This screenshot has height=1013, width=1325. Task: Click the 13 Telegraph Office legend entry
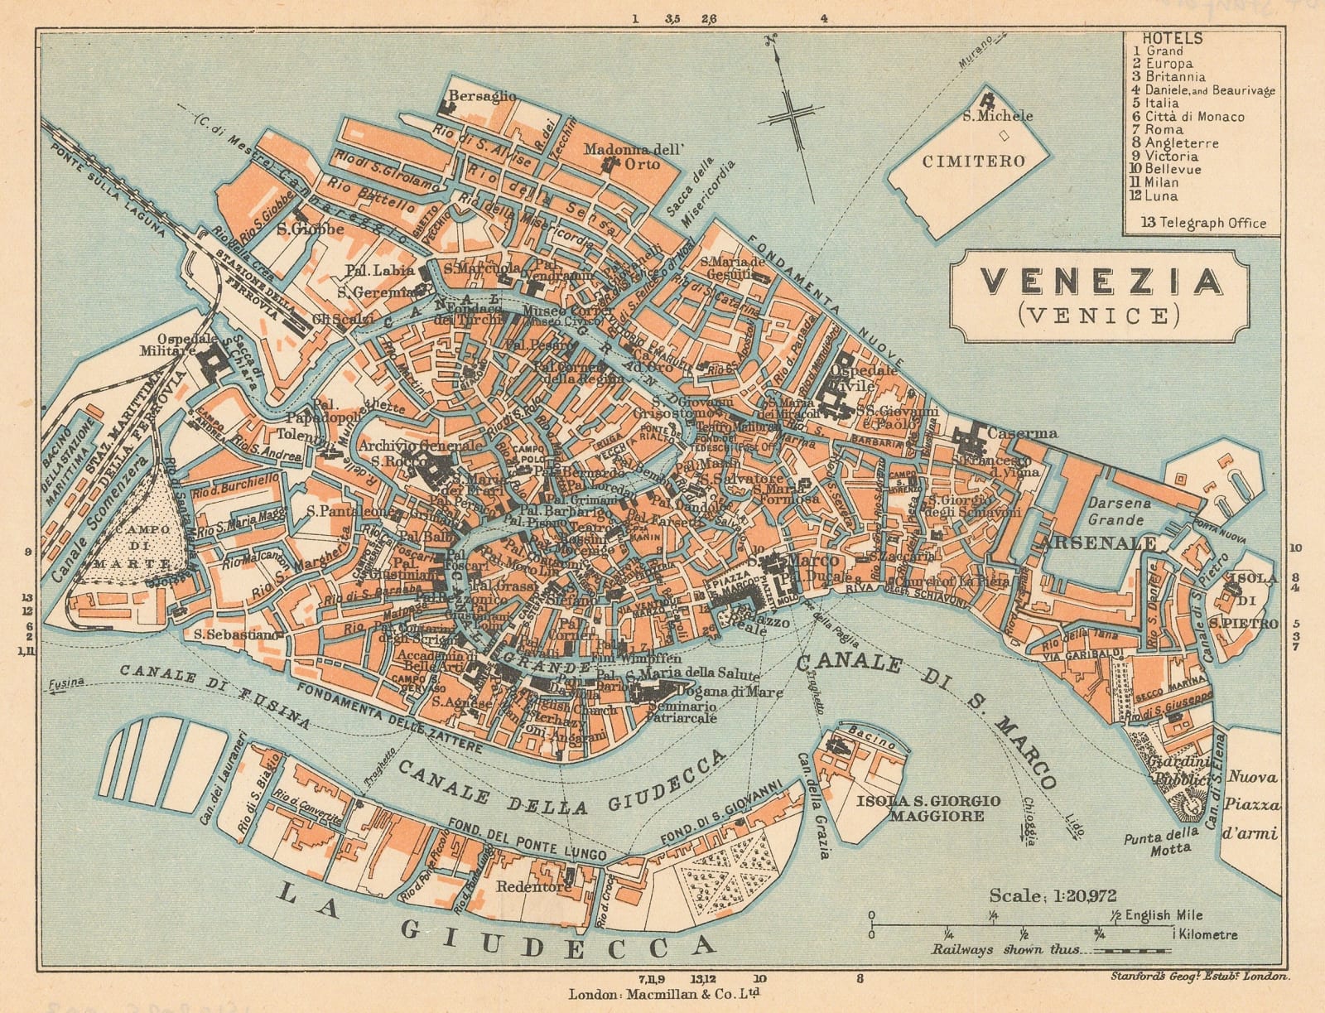point(1203,222)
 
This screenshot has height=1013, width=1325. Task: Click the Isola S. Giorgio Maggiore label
point(929,808)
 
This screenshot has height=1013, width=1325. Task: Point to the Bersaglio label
point(482,96)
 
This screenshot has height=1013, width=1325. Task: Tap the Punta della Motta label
point(1161,840)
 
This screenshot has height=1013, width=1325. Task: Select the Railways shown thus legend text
point(1006,950)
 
